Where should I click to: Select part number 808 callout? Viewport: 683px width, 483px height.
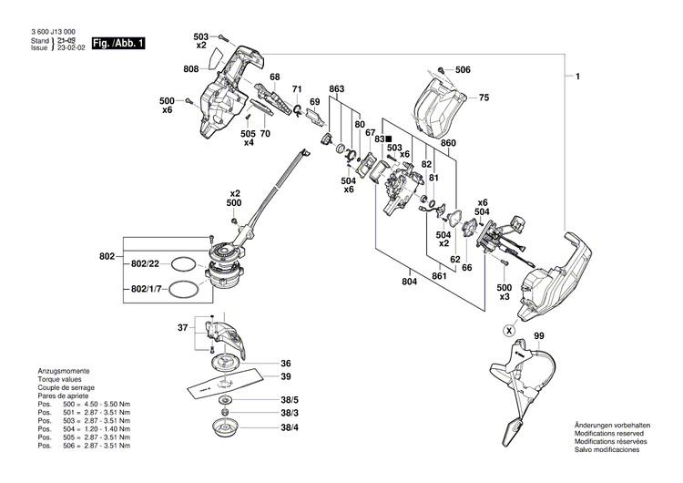tap(191, 69)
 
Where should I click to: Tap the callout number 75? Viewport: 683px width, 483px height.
tap(484, 98)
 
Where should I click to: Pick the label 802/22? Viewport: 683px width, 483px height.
tap(147, 263)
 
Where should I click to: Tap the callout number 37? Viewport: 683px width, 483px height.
tap(183, 328)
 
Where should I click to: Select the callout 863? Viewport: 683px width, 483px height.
tap(337, 88)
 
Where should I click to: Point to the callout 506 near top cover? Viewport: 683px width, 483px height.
tap(463, 70)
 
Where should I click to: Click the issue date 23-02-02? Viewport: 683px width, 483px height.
tap(71, 49)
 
